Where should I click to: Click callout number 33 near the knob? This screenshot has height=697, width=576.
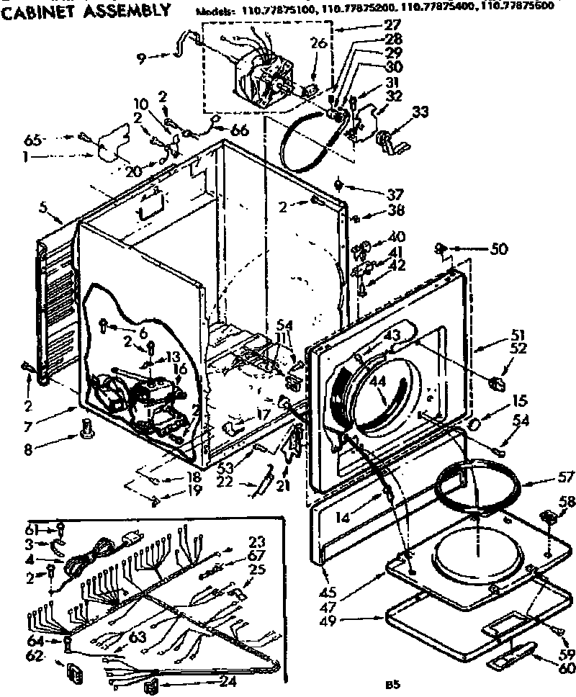coord(420,112)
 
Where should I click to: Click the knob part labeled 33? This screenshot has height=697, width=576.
coord(390,140)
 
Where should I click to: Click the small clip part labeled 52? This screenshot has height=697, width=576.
coord(496,382)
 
